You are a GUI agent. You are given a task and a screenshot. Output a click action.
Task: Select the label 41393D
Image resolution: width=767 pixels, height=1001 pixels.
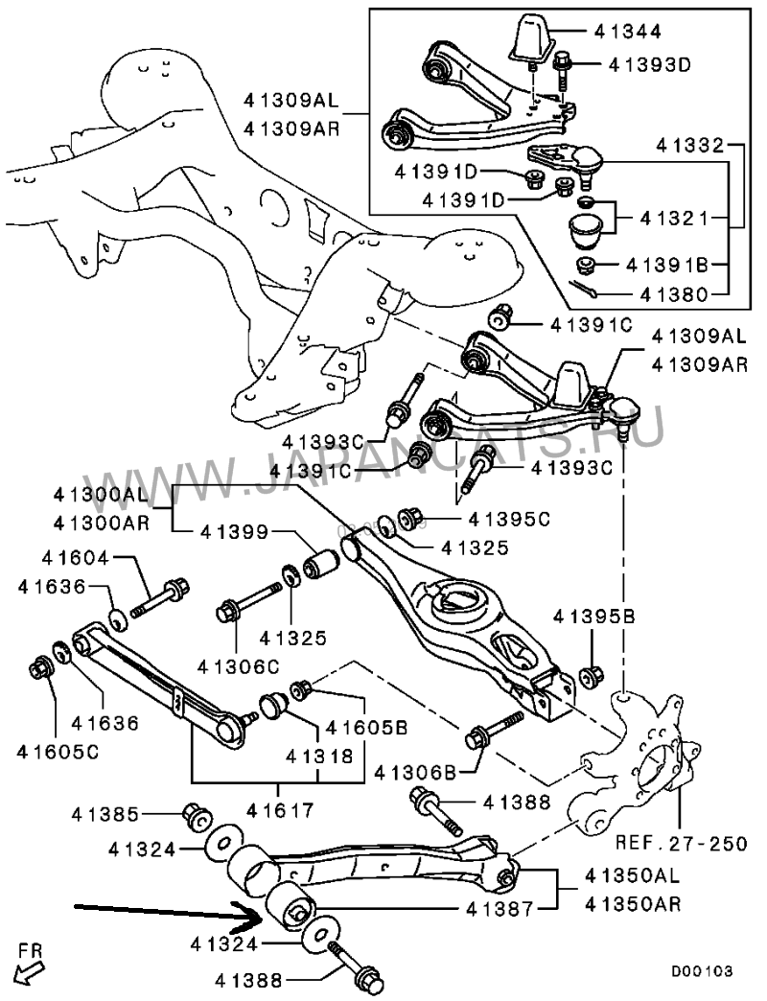point(650,64)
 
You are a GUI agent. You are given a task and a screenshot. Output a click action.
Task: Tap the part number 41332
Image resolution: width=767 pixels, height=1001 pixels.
point(691,146)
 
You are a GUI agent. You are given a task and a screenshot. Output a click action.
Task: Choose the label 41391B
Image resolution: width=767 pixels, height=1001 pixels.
point(667,265)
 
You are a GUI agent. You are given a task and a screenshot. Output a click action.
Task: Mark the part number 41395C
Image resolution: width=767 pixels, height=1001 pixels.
point(508,519)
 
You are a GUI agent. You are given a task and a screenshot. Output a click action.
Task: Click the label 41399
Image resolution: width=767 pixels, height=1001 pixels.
point(234,532)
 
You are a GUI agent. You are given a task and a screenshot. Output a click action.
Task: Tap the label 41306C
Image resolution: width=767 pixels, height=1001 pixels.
point(238,667)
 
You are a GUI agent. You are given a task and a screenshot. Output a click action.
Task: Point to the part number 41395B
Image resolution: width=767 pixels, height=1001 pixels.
point(594,617)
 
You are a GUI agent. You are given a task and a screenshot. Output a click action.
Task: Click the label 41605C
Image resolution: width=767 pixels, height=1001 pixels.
point(58,753)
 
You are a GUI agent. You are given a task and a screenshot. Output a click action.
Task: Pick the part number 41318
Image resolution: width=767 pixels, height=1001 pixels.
point(319,757)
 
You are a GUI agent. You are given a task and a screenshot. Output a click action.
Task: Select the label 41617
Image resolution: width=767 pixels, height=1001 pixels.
point(280,811)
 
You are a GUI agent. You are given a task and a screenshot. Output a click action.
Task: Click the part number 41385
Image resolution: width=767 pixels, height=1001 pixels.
point(105,814)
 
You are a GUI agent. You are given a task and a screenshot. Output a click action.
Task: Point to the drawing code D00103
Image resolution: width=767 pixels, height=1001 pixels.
point(701,971)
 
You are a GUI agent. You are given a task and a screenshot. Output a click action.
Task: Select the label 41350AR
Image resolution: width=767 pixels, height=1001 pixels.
point(633,904)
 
